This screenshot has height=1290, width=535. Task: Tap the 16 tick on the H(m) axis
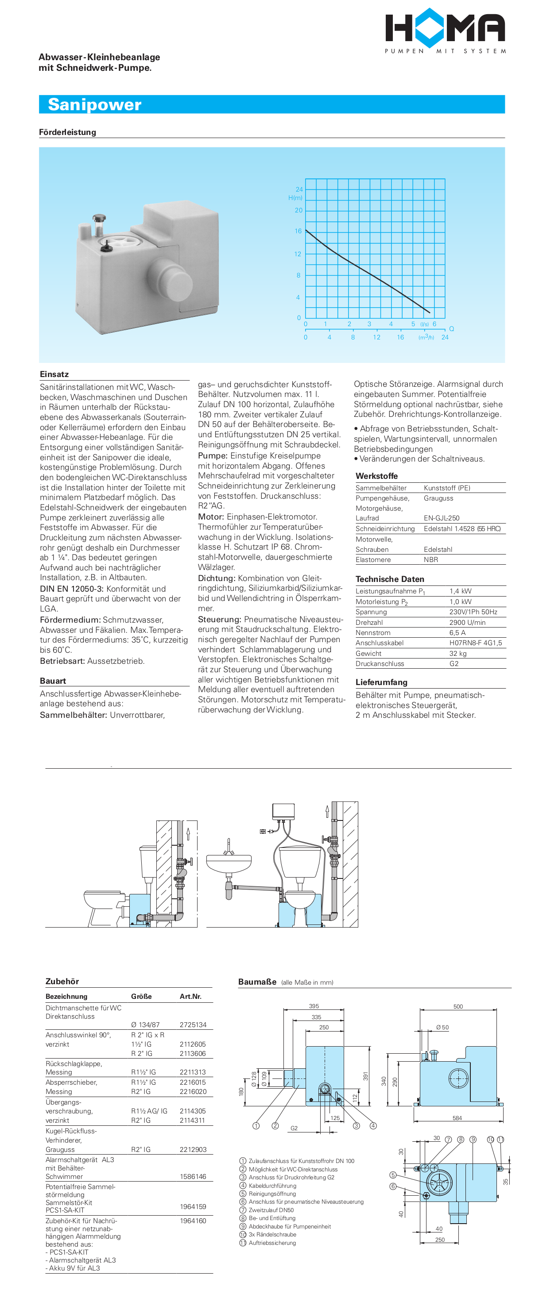(298, 231)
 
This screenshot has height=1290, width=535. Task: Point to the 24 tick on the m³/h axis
(445, 337)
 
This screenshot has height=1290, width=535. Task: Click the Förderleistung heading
(68, 132)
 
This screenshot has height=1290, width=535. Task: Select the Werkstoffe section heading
(377, 476)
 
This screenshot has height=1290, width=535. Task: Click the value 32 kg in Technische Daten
(458, 654)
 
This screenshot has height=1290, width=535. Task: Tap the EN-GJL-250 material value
(441, 518)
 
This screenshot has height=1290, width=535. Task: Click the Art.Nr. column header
(190, 997)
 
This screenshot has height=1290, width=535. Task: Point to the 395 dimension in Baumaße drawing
(314, 1006)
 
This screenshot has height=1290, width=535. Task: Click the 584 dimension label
(457, 1118)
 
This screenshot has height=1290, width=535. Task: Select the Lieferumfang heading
(382, 682)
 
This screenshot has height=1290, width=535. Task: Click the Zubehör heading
(62, 982)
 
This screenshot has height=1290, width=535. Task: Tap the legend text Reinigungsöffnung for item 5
(272, 1194)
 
